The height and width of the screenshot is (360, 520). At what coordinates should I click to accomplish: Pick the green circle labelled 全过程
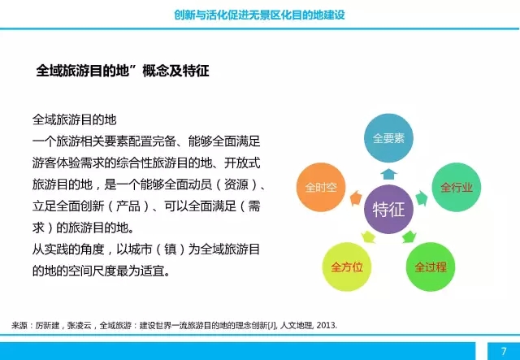430,267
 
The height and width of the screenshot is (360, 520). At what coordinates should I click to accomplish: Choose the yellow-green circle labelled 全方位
347,267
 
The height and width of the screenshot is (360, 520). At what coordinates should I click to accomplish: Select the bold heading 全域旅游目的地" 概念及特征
123,71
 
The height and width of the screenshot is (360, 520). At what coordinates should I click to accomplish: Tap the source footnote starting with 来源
174,325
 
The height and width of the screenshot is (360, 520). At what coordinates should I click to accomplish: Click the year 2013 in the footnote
323,325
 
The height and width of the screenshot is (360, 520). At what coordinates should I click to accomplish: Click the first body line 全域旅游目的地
74,119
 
